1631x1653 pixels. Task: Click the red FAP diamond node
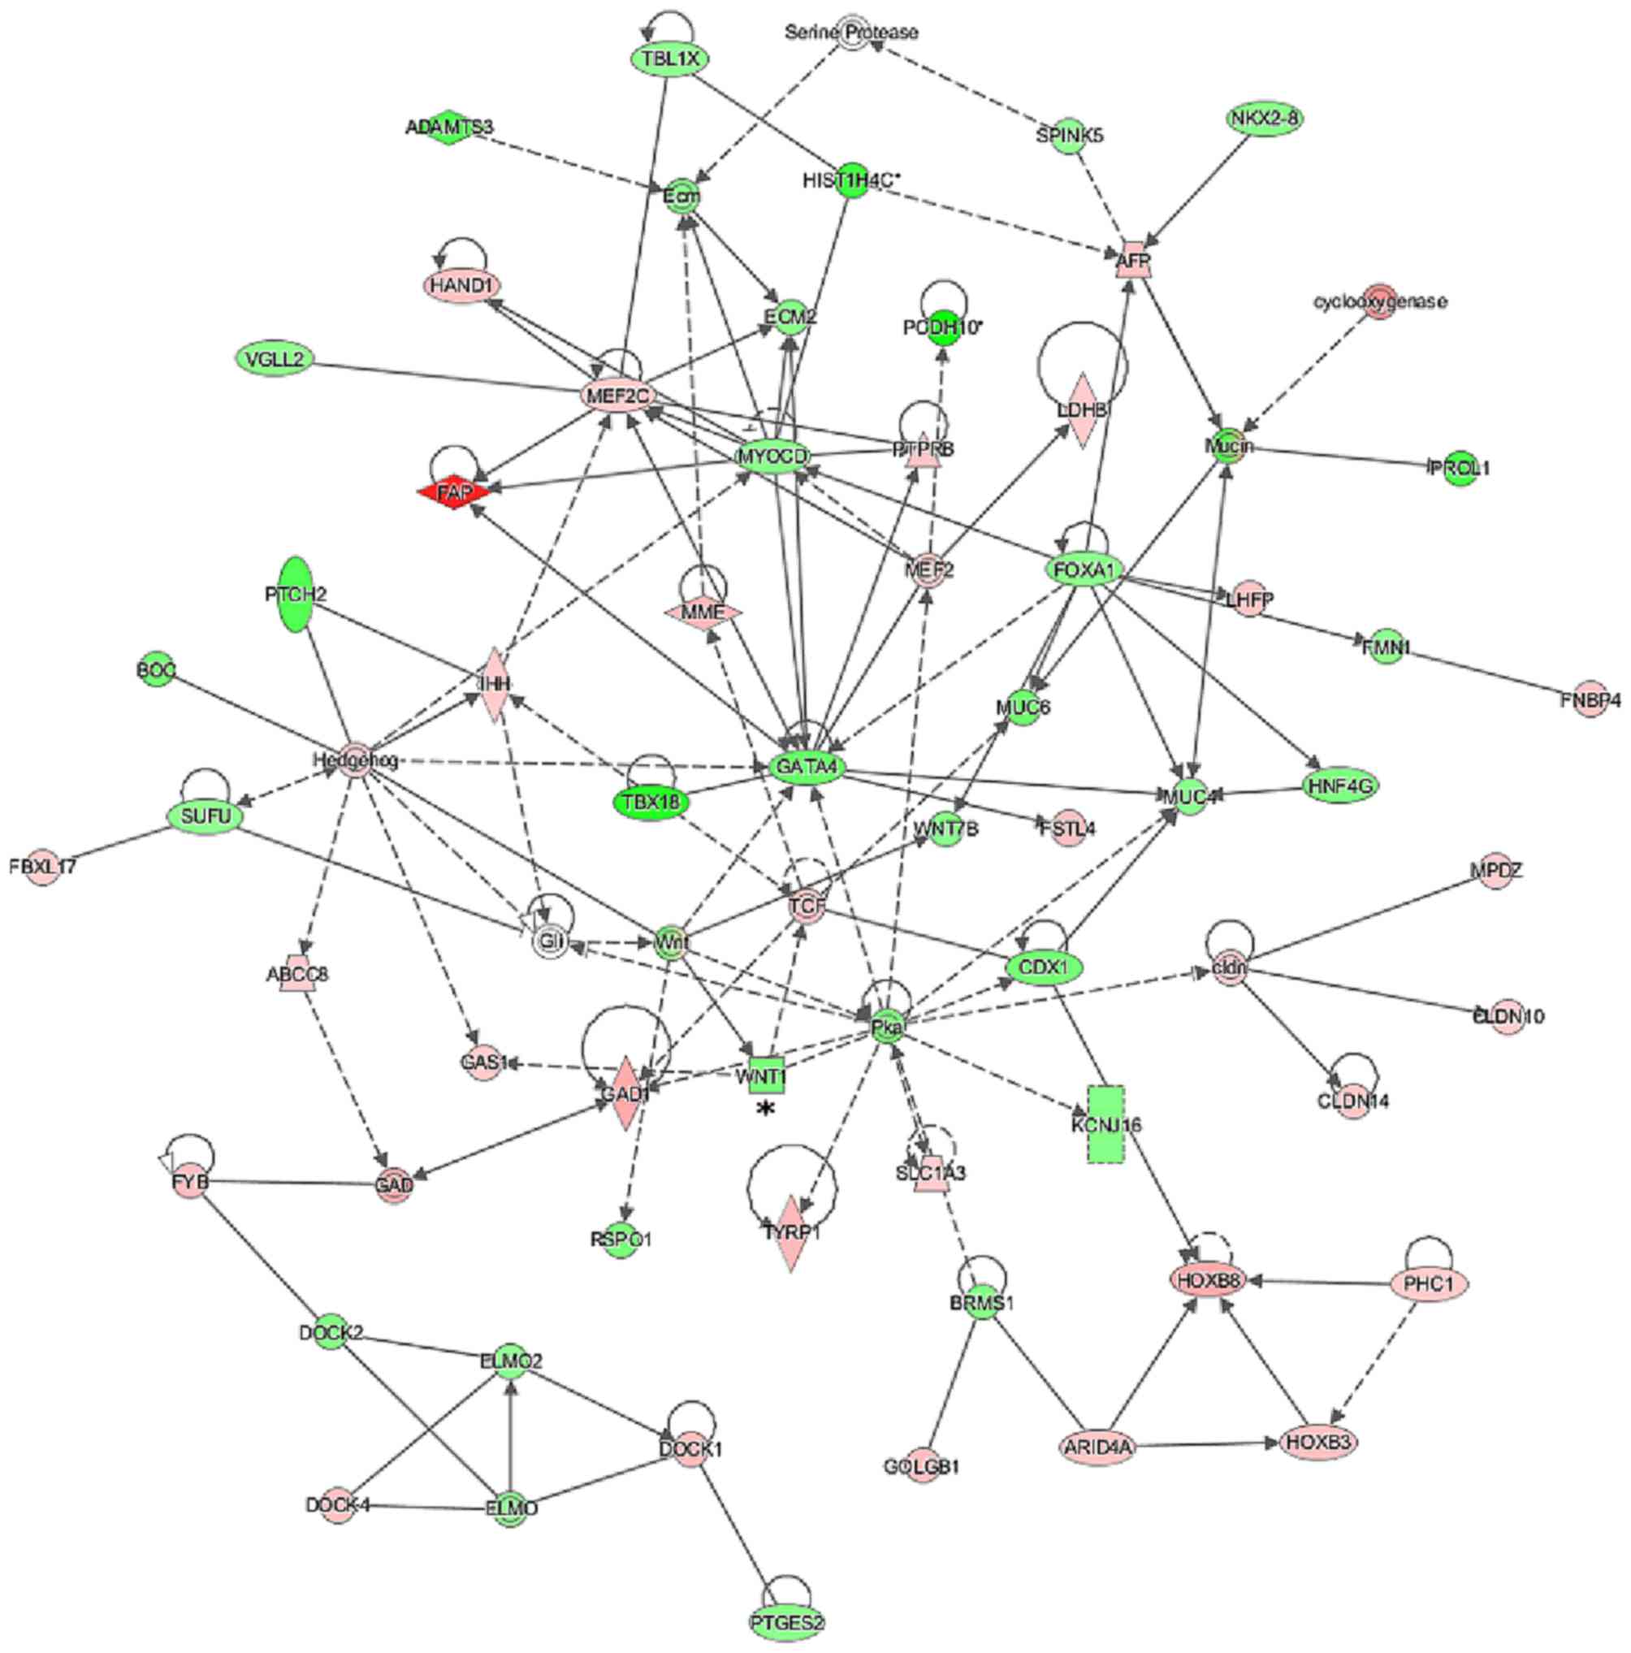pyautogui.click(x=452, y=492)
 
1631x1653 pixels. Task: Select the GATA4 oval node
pyautogui.click(x=806, y=767)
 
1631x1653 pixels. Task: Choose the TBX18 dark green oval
pyautogui.click(x=652, y=803)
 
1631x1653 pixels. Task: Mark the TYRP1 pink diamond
pyautogui.click(x=792, y=1232)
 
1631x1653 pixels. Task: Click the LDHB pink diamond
pyautogui.click(x=1082, y=409)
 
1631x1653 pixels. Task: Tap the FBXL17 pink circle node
pyautogui.click(x=43, y=866)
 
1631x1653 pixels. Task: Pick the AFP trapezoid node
pyautogui.click(x=1134, y=259)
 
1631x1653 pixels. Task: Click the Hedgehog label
pyautogui.click(x=354, y=759)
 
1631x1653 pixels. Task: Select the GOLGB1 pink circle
pyautogui.click(x=921, y=1466)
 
